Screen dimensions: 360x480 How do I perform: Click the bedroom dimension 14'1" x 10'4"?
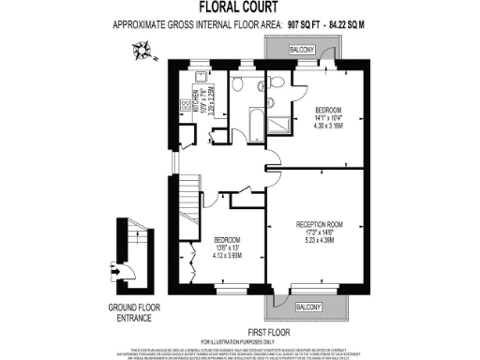click(x=332, y=115)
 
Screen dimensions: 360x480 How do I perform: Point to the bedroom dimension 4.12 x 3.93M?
click(x=229, y=255)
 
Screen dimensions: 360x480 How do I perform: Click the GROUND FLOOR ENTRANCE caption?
click(x=127, y=311)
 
